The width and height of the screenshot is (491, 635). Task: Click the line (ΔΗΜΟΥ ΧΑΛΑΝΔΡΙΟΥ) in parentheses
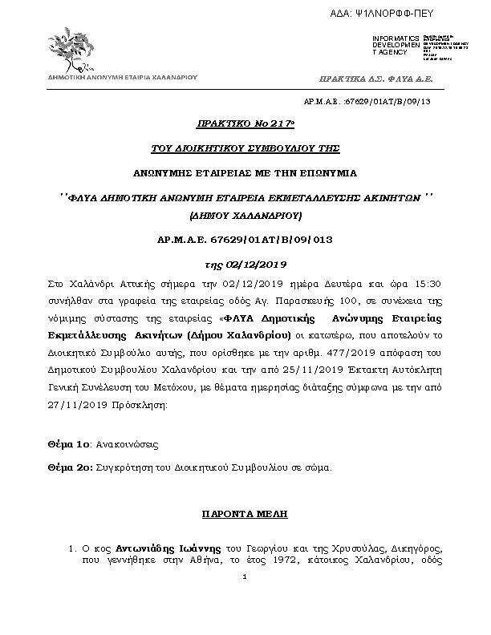click(245, 216)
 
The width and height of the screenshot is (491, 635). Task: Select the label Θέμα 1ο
click(68, 443)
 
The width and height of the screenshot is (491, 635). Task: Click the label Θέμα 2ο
click(69, 466)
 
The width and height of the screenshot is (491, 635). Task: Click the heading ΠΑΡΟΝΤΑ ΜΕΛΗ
click(245, 512)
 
